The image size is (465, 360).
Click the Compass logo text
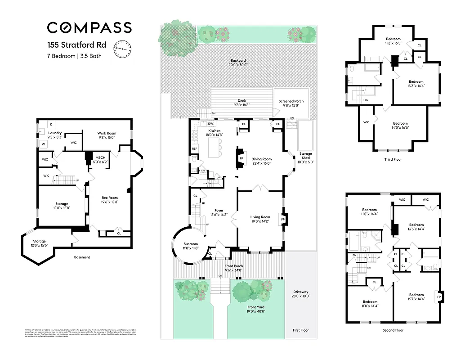click(89, 27)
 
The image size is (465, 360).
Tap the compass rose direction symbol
click(123, 48)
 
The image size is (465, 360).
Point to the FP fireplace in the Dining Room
click(241, 159)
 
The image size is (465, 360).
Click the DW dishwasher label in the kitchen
click(210, 124)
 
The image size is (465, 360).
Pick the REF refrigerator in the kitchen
click(195, 148)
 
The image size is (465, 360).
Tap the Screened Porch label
click(291, 101)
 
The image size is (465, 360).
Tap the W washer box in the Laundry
click(44, 144)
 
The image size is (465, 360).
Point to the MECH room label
click(100, 157)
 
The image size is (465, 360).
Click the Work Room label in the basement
click(107, 133)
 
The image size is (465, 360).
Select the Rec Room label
click(109, 198)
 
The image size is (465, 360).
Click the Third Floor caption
click(393, 159)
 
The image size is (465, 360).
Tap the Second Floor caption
click(393, 330)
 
